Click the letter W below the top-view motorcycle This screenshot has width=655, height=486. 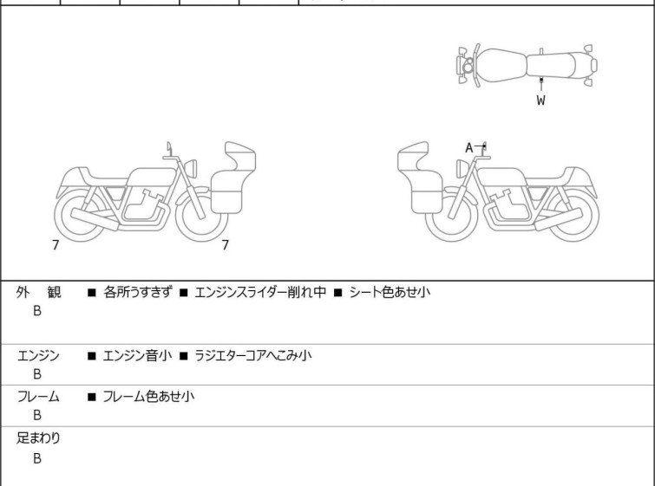coord(541,100)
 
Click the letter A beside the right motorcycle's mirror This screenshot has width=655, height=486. coord(469,147)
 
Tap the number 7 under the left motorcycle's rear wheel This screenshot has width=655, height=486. coord(56,245)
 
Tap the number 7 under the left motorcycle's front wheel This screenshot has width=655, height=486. coord(226,245)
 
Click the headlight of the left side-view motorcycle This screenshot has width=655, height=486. coord(191,168)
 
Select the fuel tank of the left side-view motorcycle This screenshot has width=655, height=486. coord(151,178)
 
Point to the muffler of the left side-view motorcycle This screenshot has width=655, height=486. coord(95,218)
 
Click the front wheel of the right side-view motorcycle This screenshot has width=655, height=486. coord(452,216)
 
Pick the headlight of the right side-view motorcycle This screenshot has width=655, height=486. coord(462,169)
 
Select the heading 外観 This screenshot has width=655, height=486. coord(38,292)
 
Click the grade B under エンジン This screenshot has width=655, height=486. coord(37,374)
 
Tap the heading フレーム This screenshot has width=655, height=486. coord(38,396)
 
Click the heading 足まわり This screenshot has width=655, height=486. coord(38,438)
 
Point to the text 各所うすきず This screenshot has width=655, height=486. coord(137,292)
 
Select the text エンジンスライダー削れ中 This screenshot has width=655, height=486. coord(260,292)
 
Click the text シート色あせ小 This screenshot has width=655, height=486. coord(390,292)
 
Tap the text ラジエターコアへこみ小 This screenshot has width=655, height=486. coord(253,355)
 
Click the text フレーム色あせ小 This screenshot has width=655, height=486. coord(148,396)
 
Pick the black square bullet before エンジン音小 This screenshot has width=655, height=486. coord(92,356)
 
